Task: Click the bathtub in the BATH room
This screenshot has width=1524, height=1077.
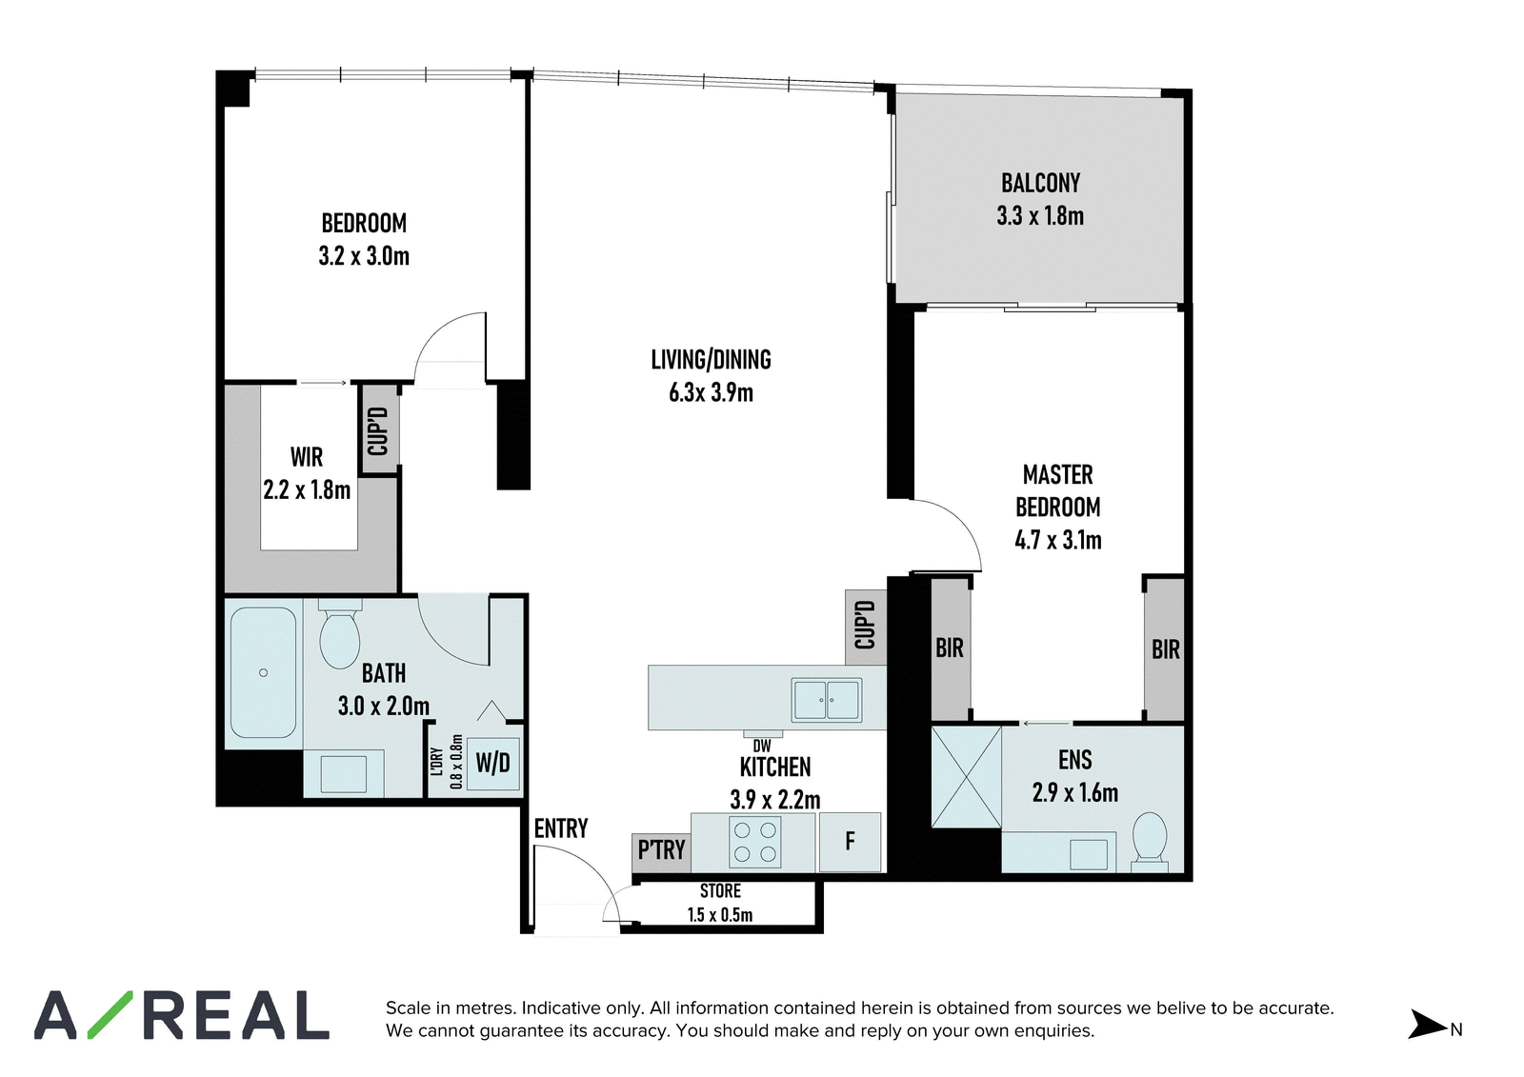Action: tap(263, 673)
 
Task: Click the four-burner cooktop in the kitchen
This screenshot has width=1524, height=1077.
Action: tap(754, 842)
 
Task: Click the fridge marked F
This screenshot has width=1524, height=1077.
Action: tap(850, 843)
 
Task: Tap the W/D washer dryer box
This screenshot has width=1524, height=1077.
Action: tap(493, 764)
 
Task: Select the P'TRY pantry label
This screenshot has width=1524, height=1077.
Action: tap(661, 849)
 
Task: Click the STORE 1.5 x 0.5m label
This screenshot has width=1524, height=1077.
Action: tap(720, 903)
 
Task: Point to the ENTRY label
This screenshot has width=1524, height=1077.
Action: tap(561, 828)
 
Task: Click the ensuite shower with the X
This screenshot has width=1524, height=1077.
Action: tap(966, 777)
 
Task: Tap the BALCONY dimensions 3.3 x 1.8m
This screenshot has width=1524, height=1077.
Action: tap(1040, 216)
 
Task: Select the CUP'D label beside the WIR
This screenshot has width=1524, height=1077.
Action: tap(378, 430)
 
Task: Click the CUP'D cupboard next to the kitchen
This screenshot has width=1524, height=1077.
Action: tap(866, 627)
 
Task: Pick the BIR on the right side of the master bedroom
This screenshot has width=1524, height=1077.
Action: tap(1166, 649)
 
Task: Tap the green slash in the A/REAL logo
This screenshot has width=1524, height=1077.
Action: tap(110, 1015)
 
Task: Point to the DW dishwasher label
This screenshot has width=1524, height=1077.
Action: tap(762, 747)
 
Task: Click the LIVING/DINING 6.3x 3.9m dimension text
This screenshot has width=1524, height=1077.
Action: tap(711, 393)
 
